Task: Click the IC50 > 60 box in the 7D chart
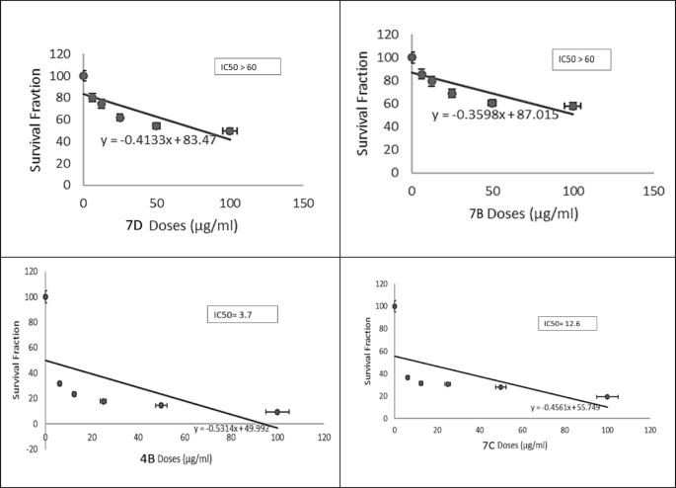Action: (249, 67)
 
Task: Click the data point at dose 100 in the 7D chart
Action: (230, 130)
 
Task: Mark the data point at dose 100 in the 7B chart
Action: (572, 106)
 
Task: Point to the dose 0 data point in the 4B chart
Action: (45, 296)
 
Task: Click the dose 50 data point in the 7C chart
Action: (500, 386)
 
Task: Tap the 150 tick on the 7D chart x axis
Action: (303, 203)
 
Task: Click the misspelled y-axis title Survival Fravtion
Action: (37, 120)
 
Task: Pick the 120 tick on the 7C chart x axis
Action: (649, 432)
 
